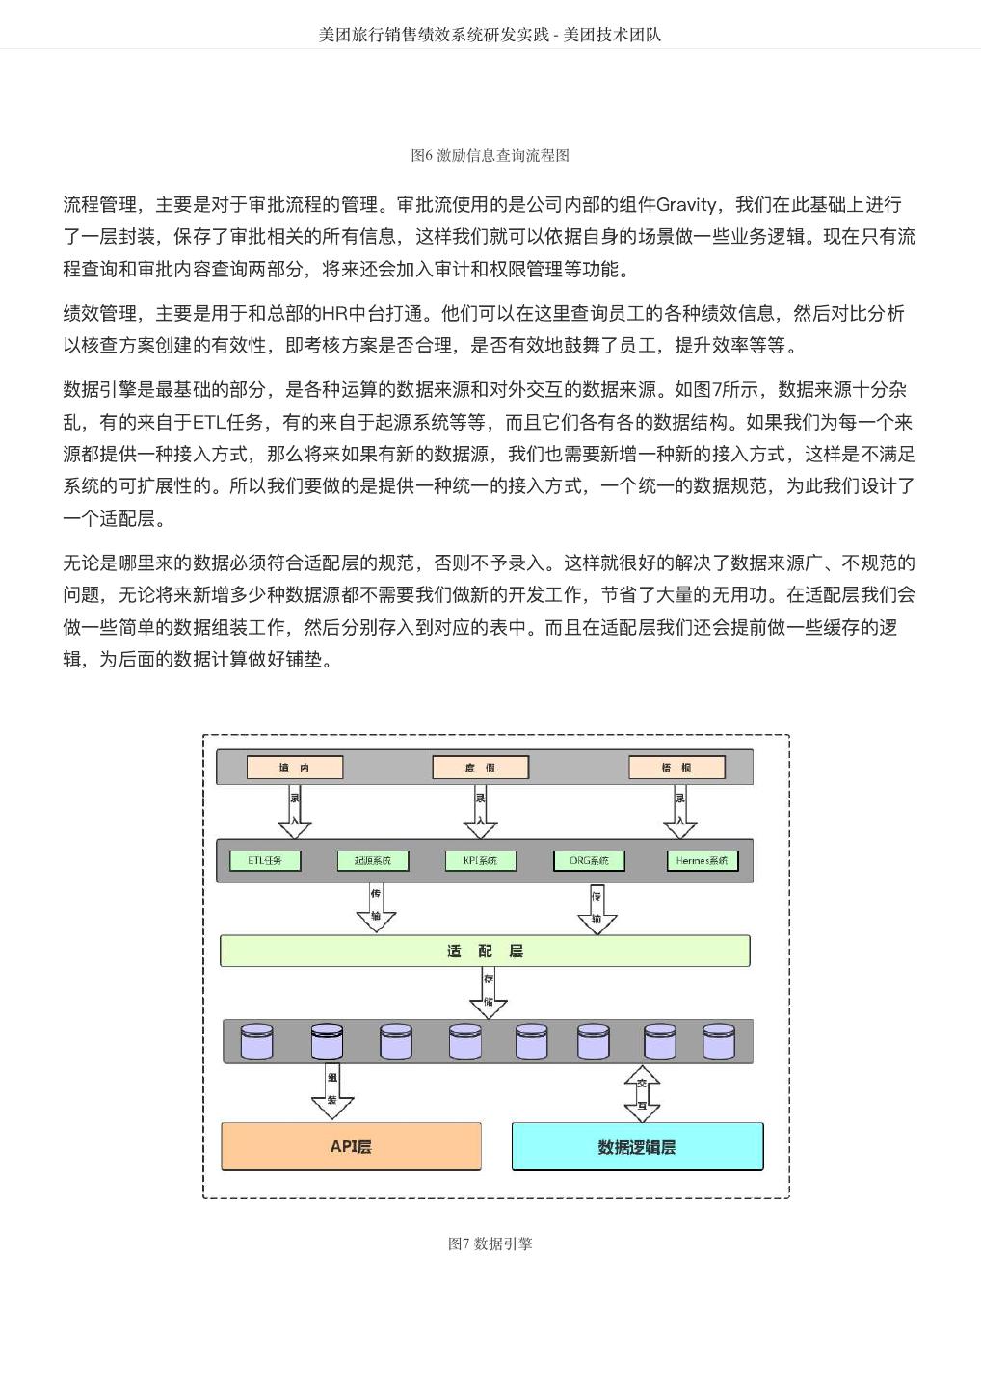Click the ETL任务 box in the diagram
(264, 860)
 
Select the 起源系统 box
(373, 860)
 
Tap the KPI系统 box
(480, 860)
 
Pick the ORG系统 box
(589, 860)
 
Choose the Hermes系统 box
(702, 860)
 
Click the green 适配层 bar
(485, 951)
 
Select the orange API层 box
(351, 1146)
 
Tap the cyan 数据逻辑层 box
(637, 1146)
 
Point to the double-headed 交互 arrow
(642, 1093)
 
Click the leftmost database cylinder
(256, 1042)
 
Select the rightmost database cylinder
(719, 1042)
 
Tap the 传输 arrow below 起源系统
(376, 908)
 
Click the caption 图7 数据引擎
(490, 1243)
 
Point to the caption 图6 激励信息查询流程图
(490, 155)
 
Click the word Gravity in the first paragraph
(685, 205)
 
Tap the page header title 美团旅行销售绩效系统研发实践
(434, 35)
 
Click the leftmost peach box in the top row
(295, 768)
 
